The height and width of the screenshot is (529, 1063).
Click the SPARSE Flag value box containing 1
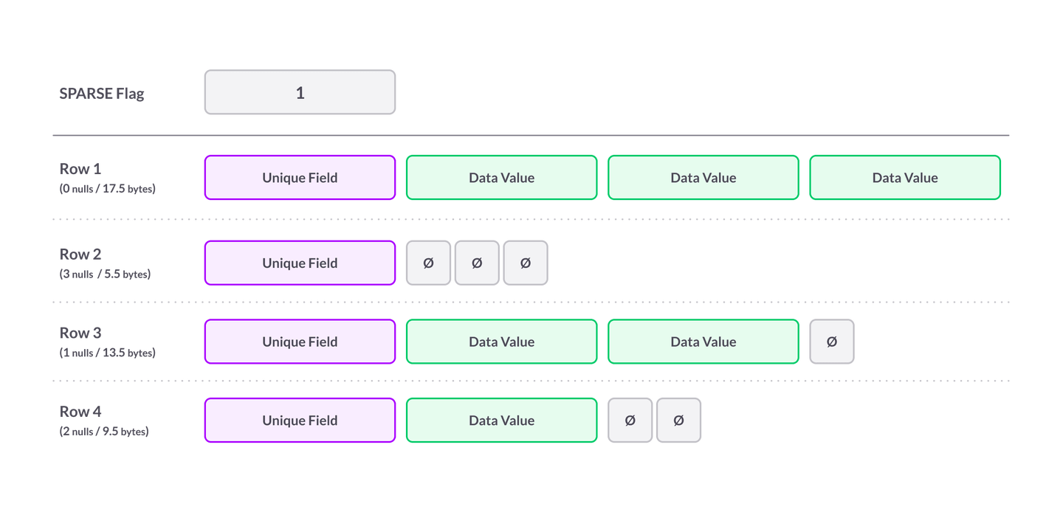pyautogui.click(x=300, y=93)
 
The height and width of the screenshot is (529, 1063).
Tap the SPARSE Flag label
pyautogui.click(x=102, y=94)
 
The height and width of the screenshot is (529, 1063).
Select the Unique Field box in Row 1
pyautogui.click(x=300, y=178)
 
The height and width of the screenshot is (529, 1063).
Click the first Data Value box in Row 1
pyautogui.click(x=501, y=178)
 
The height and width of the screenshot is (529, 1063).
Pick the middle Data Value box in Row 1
pyautogui.click(x=703, y=178)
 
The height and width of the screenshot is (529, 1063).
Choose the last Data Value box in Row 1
pyautogui.click(x=904, y=178)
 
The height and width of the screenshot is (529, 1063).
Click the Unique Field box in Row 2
pyautogui.click(x=300, y=263)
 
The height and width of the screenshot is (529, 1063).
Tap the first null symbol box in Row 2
pyautogui.click(x=428, y=263)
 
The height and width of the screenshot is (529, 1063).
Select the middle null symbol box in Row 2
pyautogui.click(x=477, y=263)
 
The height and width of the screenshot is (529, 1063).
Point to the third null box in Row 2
pyautogui.click(x=526, y=263)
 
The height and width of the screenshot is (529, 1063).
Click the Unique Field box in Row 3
pyautogui.click(x=300, y=342)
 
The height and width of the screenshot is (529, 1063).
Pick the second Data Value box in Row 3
pyautogui.click(x=703, y=342)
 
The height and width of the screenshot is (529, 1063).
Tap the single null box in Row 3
pyautogui.click(x=832, y=342)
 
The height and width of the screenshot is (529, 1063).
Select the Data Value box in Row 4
pyautogui.click(x=501, y=421)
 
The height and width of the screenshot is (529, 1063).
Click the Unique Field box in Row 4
pyautogui.click(x=300, y=421)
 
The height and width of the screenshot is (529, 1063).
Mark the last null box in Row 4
pyautogui.click(x=679, y=421)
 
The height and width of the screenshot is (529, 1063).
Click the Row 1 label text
pyautogui.click(x=80, y=170)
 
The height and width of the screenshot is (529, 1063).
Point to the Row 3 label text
pyautogui.click(x=80, y=334)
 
